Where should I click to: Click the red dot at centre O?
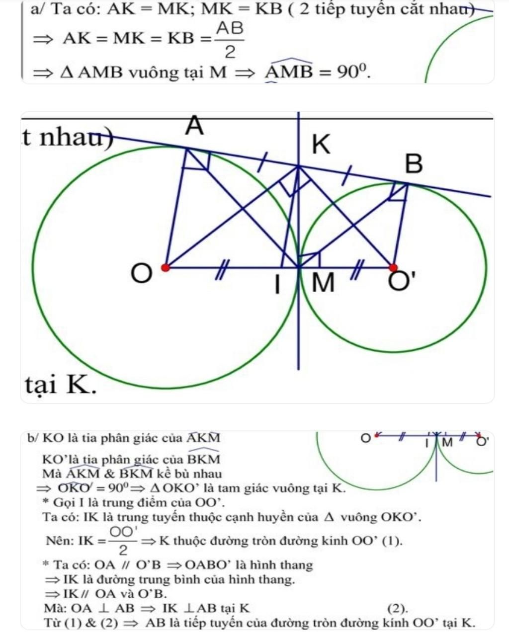point(166,268)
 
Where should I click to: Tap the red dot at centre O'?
point(393,268)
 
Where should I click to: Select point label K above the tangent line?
point(321,146)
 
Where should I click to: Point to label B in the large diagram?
point(414,164)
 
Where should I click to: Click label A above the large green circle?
point(195,126)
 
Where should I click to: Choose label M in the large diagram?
point(324,284)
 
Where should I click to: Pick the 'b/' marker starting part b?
point(34,438)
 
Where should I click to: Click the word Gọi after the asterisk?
point(63,502)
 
